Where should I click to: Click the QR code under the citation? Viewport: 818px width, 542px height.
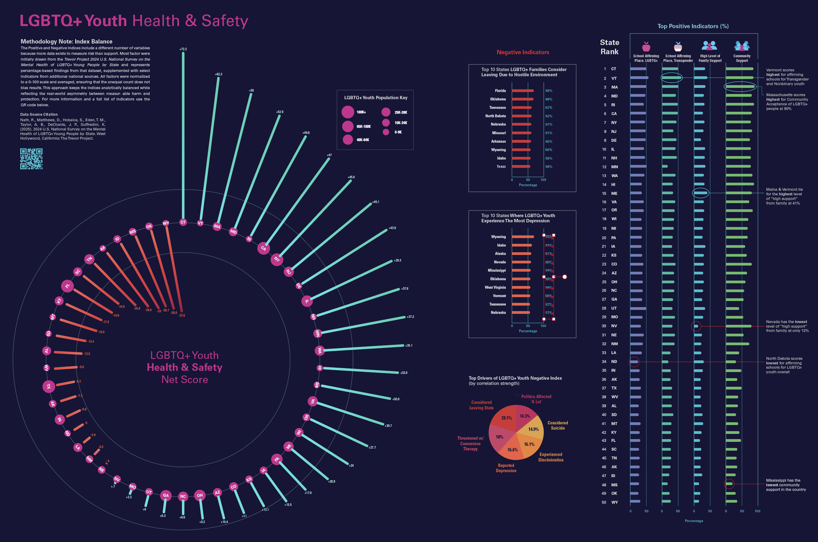click(x=31, y=159)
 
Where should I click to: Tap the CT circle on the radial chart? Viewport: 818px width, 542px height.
click(x=183, y=222)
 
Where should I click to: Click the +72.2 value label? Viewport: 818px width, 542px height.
click(x=183, y=49)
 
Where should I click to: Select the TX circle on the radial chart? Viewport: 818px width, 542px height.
click(x=49, y=386)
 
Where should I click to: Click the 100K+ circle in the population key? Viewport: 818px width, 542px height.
click(x=348, y=112)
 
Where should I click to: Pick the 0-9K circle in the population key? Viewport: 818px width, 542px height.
click(x=386, y=132)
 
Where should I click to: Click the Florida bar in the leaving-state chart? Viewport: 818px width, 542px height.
click(x=522, y=91)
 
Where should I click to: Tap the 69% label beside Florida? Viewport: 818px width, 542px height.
click(x=549, y=91)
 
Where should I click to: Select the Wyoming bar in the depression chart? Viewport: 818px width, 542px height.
click(x=522, y=237)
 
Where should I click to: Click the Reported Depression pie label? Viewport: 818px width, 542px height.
click(x=506, y=468)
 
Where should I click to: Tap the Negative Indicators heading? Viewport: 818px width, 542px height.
click(x=522, y=52)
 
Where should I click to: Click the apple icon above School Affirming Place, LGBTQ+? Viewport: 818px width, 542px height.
click(x=646, y=46)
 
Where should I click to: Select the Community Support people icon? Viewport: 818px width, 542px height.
click(x=742, y=46)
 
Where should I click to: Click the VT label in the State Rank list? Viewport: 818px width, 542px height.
click(x=614, y=78)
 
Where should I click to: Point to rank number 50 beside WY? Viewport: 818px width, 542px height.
click(x=604, y=502)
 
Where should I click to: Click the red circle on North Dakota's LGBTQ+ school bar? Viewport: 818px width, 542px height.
click(x=634, y=362)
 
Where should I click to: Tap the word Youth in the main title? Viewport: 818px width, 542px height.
click(x=106, y=21)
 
